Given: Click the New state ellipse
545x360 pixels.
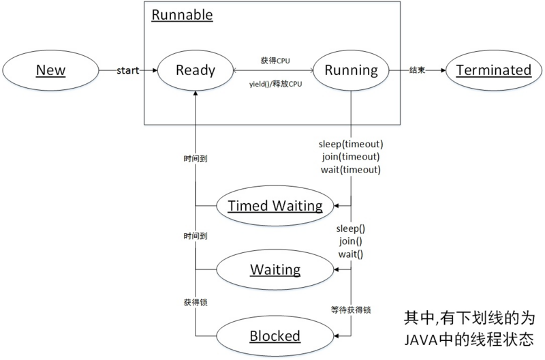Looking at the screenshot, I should click(x=50, y=70).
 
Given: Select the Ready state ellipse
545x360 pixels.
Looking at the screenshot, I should click(x=196, y=70).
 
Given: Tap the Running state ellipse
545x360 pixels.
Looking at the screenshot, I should click(x=350, y=70).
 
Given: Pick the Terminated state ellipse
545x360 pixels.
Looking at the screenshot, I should click(x=493, y=70).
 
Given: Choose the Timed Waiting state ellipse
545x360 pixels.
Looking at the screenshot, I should click(x=275, y=205).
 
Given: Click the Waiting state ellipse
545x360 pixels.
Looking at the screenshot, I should click(x=275, y=269).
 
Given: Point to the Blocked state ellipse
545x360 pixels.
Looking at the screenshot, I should click(x=275, y=335).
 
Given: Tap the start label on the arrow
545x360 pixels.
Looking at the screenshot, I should click(x=127, y=70).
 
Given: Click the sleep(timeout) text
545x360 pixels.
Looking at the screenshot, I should click(x=350, y=144).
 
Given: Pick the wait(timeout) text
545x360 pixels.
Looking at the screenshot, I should click(x=350, y=170).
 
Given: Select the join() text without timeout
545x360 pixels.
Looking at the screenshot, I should click(x=350, y=241).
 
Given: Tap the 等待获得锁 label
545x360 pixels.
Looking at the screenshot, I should click(x=350, y=310).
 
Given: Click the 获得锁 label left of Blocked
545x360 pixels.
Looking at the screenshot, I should click(x=196, y=301).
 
